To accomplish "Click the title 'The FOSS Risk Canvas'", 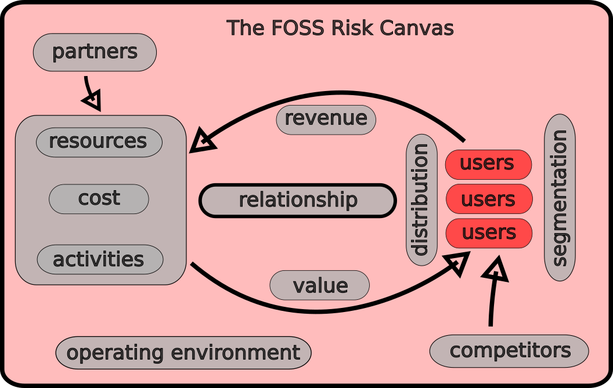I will [340, 28].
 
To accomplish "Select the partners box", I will [95, 52].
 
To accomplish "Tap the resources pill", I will [99, 142].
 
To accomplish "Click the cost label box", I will [99, 199].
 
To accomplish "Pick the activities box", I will [100, 259].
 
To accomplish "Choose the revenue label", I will [326, 119].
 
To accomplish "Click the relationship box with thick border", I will [298, 201].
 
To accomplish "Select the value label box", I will [320, 285].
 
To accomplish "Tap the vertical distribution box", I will [421, 200].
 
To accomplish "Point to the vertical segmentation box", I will [560, 197].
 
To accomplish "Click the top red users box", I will [488, 164].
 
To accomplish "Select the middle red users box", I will [489, 199].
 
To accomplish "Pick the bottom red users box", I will [489, 233].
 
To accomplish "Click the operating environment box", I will [183, 353].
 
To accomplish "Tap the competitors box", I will [509, 351].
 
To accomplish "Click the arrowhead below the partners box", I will [93, 101].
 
